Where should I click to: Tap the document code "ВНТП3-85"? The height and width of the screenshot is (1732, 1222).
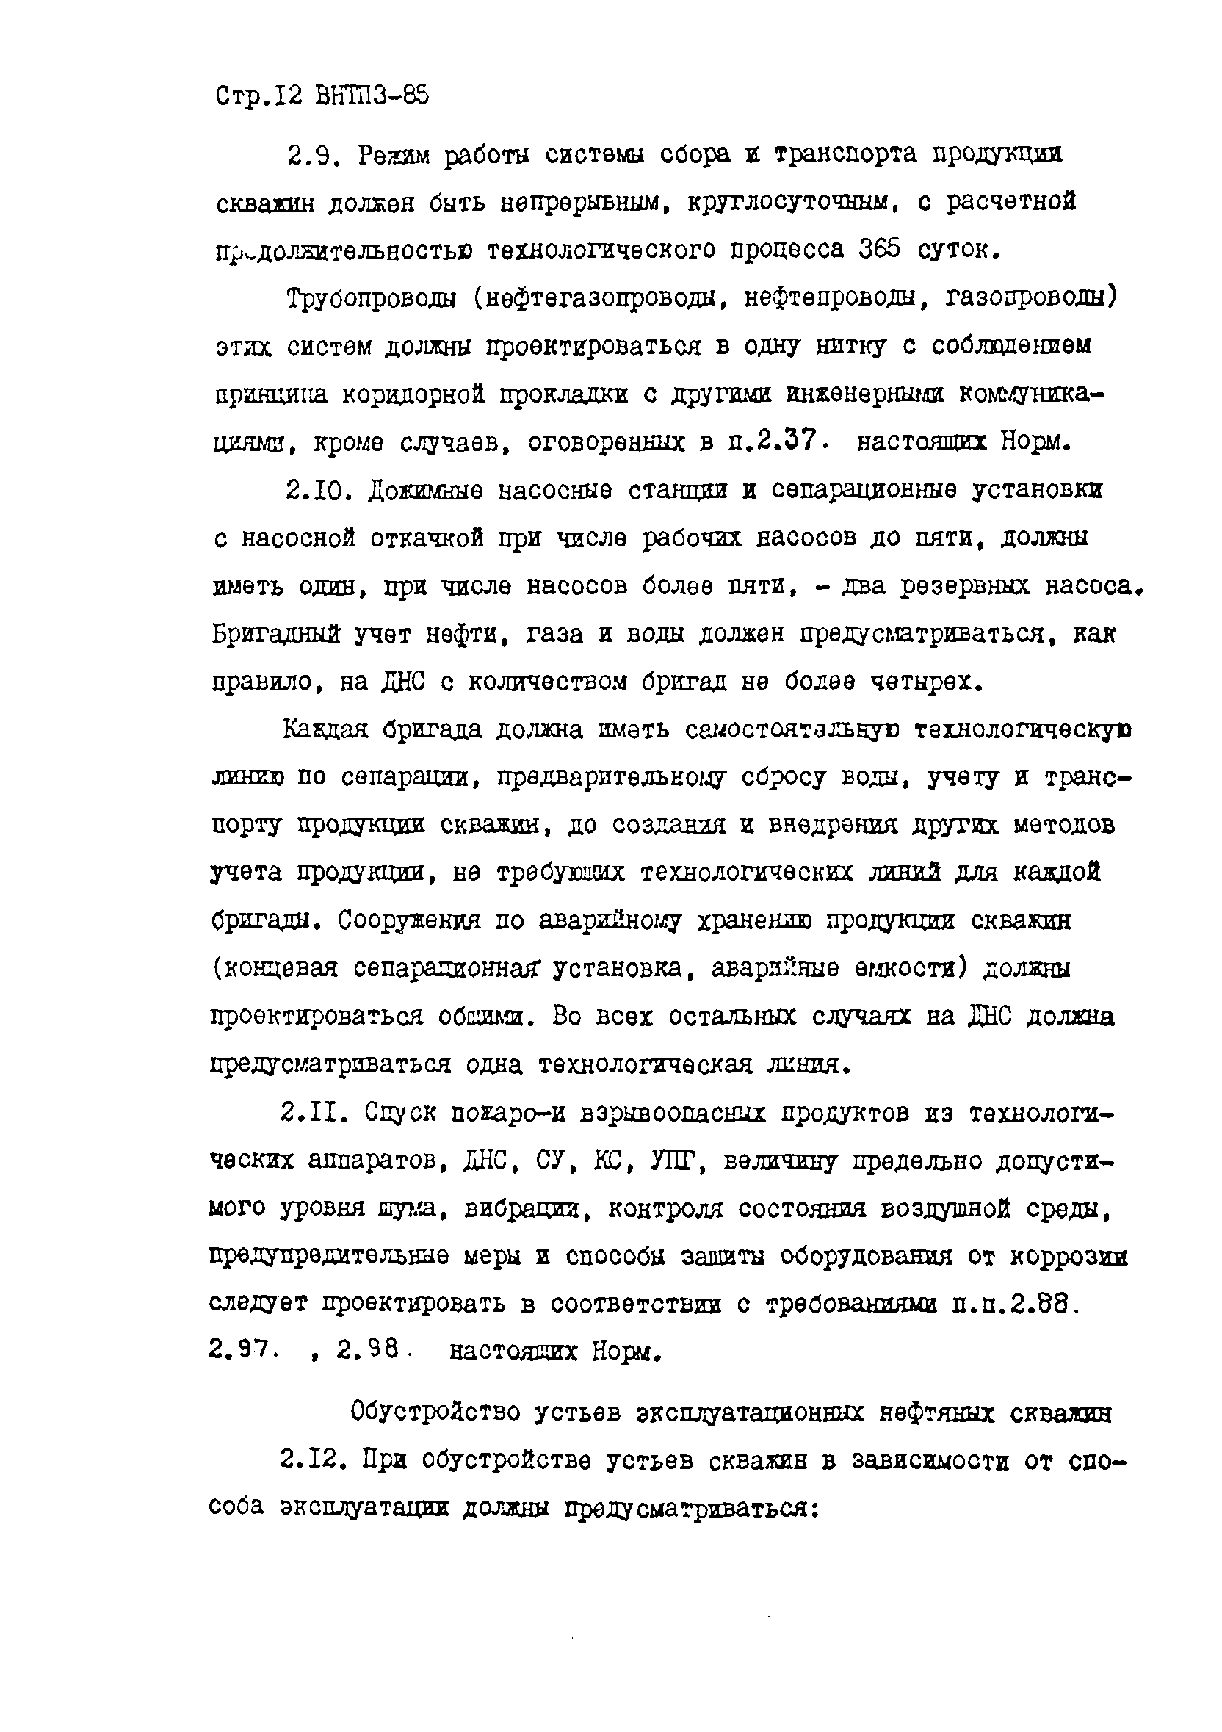click(x=369, y=96)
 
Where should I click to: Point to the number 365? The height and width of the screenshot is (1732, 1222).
click(x=880, y=250)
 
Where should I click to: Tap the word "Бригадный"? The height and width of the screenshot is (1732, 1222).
click(x=275, y=635)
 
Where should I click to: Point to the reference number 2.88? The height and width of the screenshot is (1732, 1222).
click(x=1043, y=1304)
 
